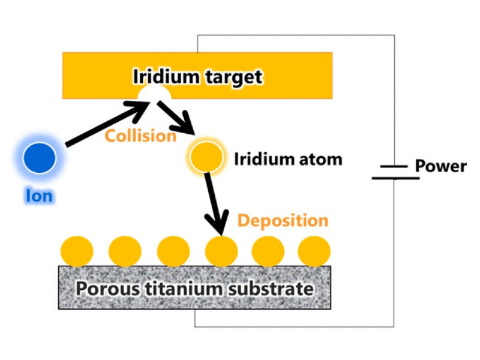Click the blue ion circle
point(40,157)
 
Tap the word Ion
point(39,196)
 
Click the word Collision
point(140,136)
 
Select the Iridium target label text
point(197,77)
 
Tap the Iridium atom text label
point(287,160)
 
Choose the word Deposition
point(283,220)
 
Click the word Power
point(440,166)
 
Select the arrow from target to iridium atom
point(177,118)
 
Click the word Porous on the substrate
point(108,289)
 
